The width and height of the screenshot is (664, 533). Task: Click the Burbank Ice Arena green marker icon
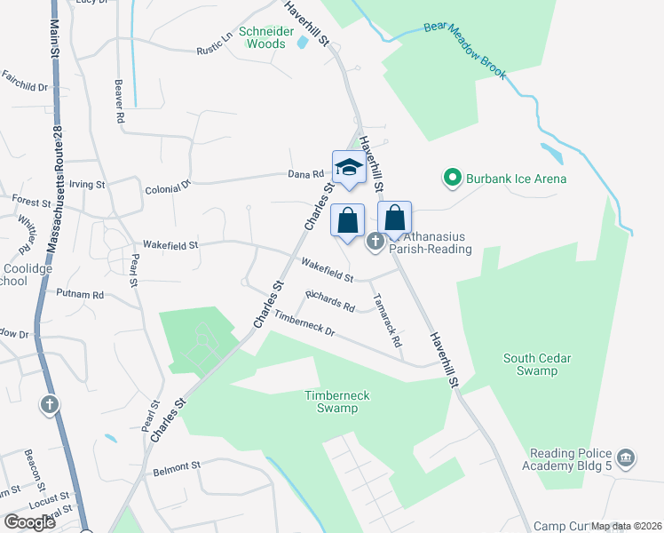click(452, 179)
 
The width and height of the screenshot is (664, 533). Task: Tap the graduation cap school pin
click(349, 167)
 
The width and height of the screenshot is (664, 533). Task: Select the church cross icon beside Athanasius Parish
click(375, 241)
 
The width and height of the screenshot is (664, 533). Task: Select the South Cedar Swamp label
click(537, 364)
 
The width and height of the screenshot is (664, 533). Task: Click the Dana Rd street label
click(303, 175)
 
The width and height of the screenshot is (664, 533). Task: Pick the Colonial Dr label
click(168, 187)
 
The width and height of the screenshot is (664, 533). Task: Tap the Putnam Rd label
click(80, 293)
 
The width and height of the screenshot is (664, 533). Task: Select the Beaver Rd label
click(118, 99)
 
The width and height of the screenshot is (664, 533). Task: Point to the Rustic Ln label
click(215, 41)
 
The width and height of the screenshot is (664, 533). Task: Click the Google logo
click(29, 521)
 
